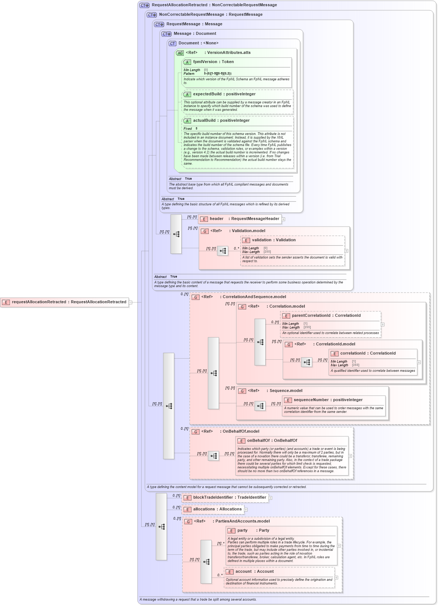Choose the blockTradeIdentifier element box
[225, 498]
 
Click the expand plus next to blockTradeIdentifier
[270, 498]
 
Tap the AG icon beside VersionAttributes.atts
[180, 53]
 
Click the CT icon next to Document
[172, 44]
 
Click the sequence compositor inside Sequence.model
[260, 406]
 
